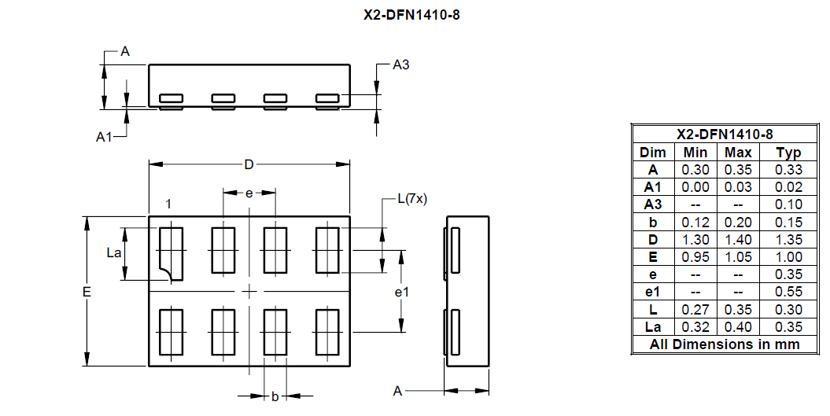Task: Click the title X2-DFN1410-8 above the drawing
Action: point(411,15)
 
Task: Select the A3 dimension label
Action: point(400,64)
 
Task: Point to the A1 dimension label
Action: point(104,137)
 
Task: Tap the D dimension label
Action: point(249,164)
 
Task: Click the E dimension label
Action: point(87,292)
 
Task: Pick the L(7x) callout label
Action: point(412,199)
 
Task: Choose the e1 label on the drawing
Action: point(402,292)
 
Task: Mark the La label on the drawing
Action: point(114,252)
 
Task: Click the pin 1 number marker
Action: point(168,204)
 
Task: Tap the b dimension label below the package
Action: point(275,396)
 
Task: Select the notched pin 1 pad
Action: point(171,253)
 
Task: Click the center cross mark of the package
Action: point(249,291)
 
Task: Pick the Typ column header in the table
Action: point(788,153)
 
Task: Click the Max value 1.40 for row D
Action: point(738,240)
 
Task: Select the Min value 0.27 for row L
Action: point(695,310)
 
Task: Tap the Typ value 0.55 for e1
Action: point(788,292)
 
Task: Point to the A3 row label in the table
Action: point(653,204)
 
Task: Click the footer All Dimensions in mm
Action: point(724,344)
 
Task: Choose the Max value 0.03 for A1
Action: point(738,187)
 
